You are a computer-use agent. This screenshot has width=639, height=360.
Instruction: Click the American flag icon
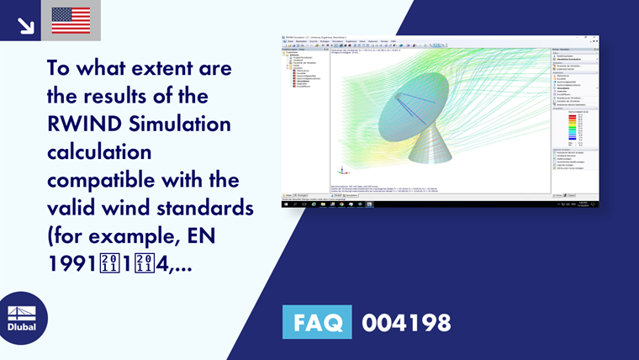pyautogui.click(x=71, y=20)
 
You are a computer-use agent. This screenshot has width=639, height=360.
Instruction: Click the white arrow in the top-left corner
pyautogui.click(x=25, y=25)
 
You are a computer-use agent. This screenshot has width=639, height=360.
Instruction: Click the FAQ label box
pyautogui.click(x=317, y=323)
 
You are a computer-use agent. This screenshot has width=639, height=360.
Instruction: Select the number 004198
pyautogui.click(x=406, y=323)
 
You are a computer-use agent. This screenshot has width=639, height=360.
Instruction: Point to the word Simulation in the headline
pyautogui.click(x=177, y=125)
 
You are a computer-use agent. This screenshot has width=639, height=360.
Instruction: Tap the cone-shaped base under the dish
pyautogui.click(x=430, y=151)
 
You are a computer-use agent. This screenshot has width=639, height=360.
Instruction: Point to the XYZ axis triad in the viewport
pyautogui.click(x=340, y=167)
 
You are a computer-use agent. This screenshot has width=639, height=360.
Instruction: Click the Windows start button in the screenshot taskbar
pyautogui.click(x=284, y=204)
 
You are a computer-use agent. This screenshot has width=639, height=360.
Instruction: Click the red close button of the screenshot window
pyautogui.click(x=596, y=37)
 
